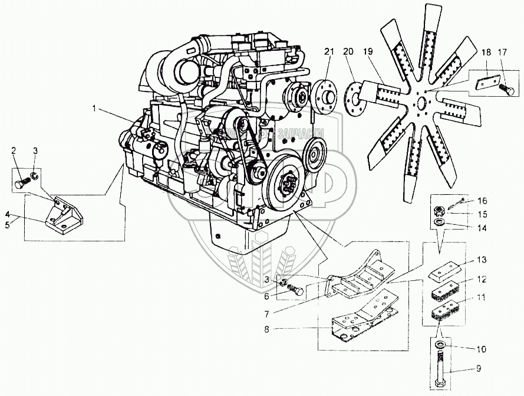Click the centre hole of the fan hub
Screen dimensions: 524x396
(421, 104)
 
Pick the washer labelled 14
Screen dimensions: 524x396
(440, 221)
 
